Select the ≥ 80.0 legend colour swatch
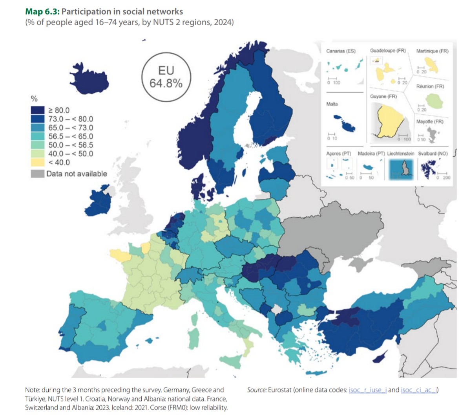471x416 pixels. pyautogui.click(x=38, y=110)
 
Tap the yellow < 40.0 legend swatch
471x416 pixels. pyautogui.click(x=38, y=162)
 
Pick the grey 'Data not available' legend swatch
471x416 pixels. pyautogui.click(x=37, y=174)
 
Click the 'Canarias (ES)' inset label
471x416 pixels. pyautogui.click(x=341, y=51)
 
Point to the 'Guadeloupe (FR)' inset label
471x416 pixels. pyautogui.click(x=388, y=51)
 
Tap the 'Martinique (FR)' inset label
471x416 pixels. pyautogui.click(x=432, y=51)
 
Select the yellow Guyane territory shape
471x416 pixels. pyautogui.click(x=389, y=120)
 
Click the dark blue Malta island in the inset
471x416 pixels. pyautogui.click(x=345, y=124)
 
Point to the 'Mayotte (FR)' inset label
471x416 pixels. pyautogui.click(x=430, y=121)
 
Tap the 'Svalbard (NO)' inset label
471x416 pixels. pyautogui.click(x=433, y=154)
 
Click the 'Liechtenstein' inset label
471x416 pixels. pyautogui.click(x=400, y=154)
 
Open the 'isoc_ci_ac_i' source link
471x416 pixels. pyautogui.click(x=419, y=390)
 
